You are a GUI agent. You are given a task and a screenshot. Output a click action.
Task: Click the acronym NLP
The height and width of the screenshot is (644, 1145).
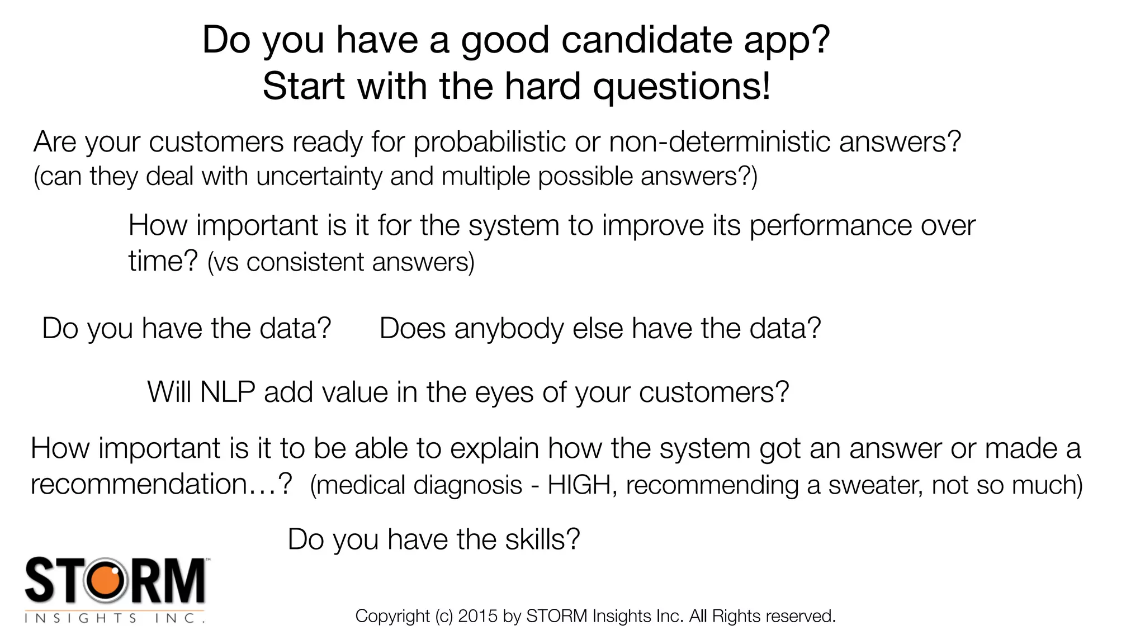[x=228, y=392]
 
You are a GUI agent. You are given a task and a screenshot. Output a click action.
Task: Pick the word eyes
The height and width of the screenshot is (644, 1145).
[x=504, y=393]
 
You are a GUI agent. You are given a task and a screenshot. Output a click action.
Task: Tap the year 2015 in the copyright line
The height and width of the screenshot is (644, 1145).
[x=477, y=616]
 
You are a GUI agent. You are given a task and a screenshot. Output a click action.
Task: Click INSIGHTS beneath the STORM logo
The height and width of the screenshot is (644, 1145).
[x=81, y=618]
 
